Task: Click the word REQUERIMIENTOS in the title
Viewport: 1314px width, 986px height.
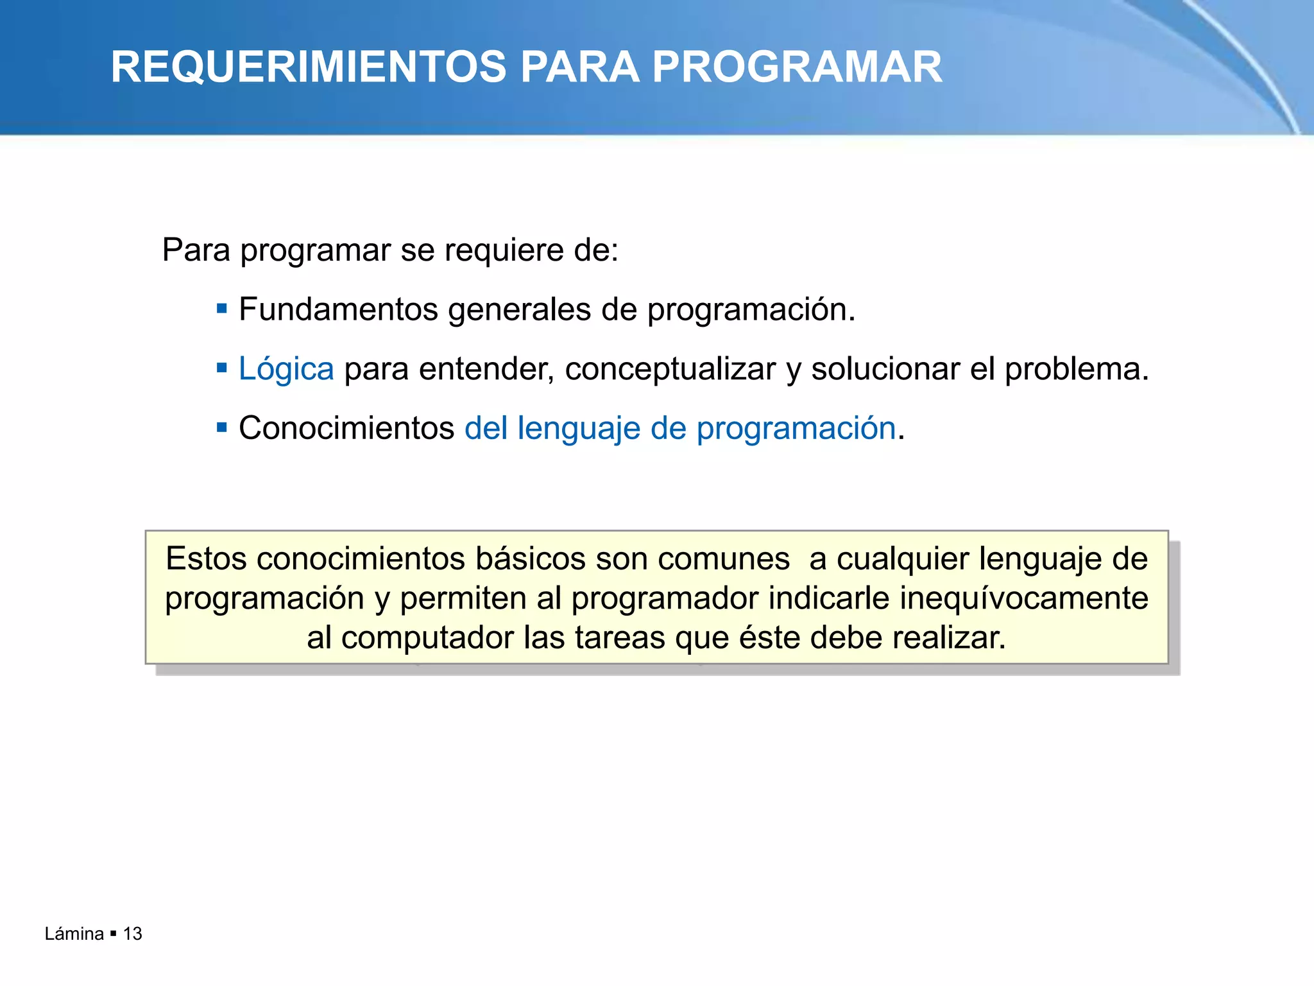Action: pos(309,67)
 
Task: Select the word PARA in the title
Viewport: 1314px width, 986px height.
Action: pos(579,67)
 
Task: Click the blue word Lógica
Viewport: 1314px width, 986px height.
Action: pos(286,370)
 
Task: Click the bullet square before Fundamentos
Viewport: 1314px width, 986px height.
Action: pos(222,309)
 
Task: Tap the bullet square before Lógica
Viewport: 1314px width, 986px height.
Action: pos(222,368)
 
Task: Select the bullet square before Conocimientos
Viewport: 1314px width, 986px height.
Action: pos(222,428)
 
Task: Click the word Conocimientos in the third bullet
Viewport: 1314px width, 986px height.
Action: pos(346,428)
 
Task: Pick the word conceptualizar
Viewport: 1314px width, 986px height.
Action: pos(670,370)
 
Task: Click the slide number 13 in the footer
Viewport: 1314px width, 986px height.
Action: pos(133,933)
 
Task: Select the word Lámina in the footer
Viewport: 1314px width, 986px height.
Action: pos(74,933)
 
